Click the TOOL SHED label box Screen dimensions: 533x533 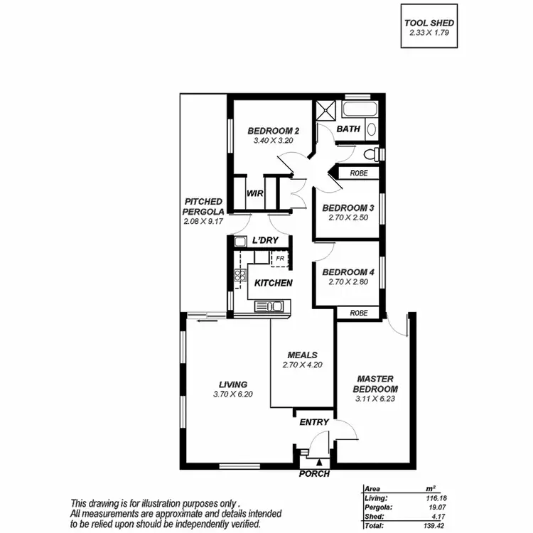pyautogui.click(x=429, y=28)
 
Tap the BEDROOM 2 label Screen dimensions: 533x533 pyautogui.click(x=273, y=131)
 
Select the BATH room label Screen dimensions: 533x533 pyautogui.click(x=348, y=129)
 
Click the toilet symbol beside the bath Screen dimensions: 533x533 pyautogui.click(x=370, y=154)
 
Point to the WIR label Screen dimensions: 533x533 pyautogui.click(x=255, y=194)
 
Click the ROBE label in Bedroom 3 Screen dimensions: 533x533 pyautogui.click(x=357, y=173)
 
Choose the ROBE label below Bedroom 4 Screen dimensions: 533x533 pyautogui.click(x=357, y=313)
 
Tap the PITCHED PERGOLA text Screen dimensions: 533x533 pyautogui.click(x=204, y=207)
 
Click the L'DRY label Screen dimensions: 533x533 pyautogui.click(x=265, y=241)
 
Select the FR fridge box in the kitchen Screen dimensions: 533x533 pyautogui.click(x=280, y=258)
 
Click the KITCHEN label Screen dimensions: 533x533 pyautogui.click(x=274, y=283)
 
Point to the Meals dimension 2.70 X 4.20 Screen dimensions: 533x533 pyautogui.click(x=302, y=365)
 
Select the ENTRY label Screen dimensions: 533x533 pyautogui.click(x=314, y=422)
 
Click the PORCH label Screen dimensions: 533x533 pyautogui.click(x=314, y=473)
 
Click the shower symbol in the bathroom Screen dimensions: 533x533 pyautogui.click(x=326, y=111)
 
